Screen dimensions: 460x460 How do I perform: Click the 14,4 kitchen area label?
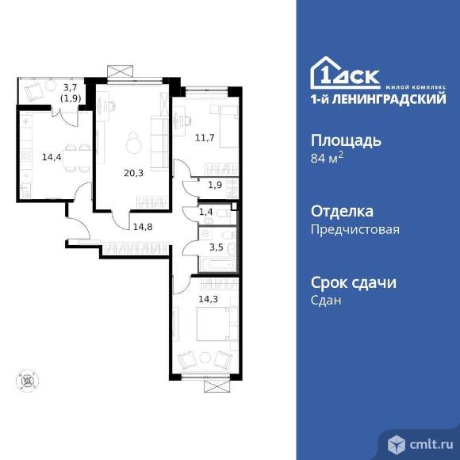pyautogui.click(x=52, y=157)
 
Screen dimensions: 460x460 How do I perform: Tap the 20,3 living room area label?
pyautogui.click(x=133, y=173)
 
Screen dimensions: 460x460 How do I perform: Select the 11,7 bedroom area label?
pyautogui.click(x=205, y=137)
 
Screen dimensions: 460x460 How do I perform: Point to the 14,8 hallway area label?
pyautogui.click(x=143, y=227)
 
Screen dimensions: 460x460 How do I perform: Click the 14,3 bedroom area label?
pyautogui.click(x=209, y=299)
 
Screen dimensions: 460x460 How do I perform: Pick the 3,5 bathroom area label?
pyautogui.click(x=217, y=247)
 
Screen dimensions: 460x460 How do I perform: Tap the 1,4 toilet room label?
pyautogui.click(x=205, y=212)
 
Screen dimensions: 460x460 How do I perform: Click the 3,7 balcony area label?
pyautogui.click(x=70, y=87)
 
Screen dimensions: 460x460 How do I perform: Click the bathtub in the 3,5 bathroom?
pyautogui.click(x=217, y=264)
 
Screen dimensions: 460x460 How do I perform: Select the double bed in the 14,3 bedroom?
pyautogui.click(x=217, y=324)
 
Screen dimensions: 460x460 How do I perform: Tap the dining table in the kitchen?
pyautogui.click(x=76, y=159)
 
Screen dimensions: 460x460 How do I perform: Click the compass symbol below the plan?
pyautogui.click(x=27, y=381)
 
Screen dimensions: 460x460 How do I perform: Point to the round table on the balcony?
pyautogui.click(x=51, y=86)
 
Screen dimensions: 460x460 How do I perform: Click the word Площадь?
pyautogui.click(x=346, y=140)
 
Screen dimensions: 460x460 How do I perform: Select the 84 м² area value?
pyautogui.click(x=327, y=159)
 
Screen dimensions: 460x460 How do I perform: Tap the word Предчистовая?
pyautogui.click(x=355, y=229)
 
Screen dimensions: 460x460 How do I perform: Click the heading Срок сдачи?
pyautogui.click(x=354, y=282)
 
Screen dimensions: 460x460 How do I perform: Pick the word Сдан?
pyautogui.click(x=326, y=300)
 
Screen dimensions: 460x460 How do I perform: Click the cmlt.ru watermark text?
pyautogui.click(x=431, y=445)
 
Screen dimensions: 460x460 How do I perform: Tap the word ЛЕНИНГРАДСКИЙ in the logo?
pyautogui.click(x=390, y=99)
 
